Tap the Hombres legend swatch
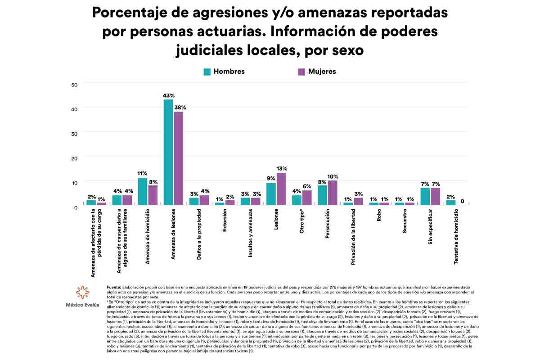[x=207, y=72]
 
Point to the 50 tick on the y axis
[x=75, y=85]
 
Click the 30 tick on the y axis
[x=75, y=134]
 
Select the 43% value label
[x=168, y=95]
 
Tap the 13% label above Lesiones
[x=282, y=169]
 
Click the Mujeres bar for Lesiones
[x=281, y=189]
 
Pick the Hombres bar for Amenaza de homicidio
[x=143, y=192]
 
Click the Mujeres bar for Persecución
[x=333, y=193]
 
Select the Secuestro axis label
[x=405, y=223]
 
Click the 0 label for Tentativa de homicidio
[x=462, y=201]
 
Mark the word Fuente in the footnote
[x=114, y=287]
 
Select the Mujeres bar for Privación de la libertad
[x=359, y=201]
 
